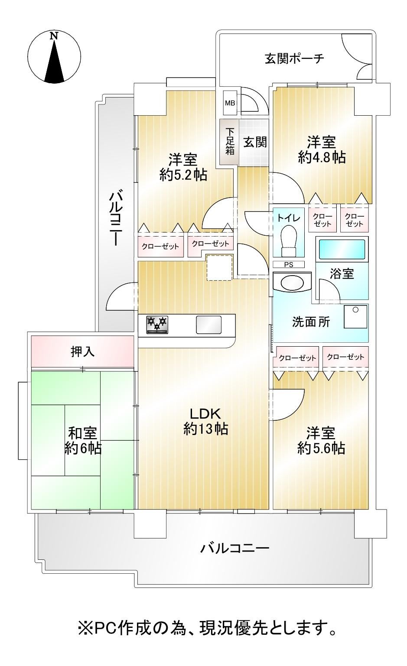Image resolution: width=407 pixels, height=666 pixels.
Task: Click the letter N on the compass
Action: click(x=54, y=36)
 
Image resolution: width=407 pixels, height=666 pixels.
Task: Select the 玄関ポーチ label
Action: click(x=294, y=58)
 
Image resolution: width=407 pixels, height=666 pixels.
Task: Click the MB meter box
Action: click(x=230, y=103)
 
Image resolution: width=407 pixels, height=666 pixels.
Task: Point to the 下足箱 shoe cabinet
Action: click(x=229, y=142)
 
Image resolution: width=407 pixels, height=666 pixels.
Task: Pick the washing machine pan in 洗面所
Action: click(x=355, y=317)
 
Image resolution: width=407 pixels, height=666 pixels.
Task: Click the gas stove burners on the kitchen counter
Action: click(x=157, y=324)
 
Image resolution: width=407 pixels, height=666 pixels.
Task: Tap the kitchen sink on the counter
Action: click(x=208, y=325)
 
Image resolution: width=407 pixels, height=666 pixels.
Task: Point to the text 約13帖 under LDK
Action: click(x=205, y=429)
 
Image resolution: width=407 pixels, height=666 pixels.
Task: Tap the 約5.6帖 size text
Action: click(x=321, y=448)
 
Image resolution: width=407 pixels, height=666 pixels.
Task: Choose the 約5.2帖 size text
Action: click(x=183, y=175)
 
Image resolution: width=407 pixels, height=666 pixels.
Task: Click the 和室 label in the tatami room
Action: click(x=82, y=433)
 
